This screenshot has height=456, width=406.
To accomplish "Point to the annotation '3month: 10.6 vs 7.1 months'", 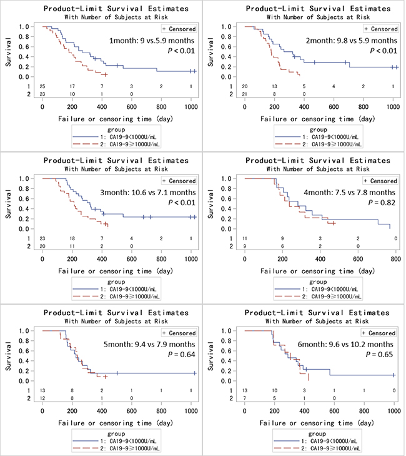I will pyautogui.click(x=147, y=193).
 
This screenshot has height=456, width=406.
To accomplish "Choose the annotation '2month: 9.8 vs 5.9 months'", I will pyautogui.click(x=353, y=41).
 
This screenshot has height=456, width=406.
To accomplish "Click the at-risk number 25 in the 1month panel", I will pyautogui.click(x=42, y=86).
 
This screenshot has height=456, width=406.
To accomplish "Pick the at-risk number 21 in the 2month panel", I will pyautogui.click(x=245, y=94).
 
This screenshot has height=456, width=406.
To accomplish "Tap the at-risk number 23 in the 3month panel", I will pyautogui.click(x=42, y=238).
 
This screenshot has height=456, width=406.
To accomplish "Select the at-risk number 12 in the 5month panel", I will pyautogui.click(x=42, y=398).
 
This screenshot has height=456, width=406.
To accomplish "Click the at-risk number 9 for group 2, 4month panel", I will pyautogui.click(x=244, y=246).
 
